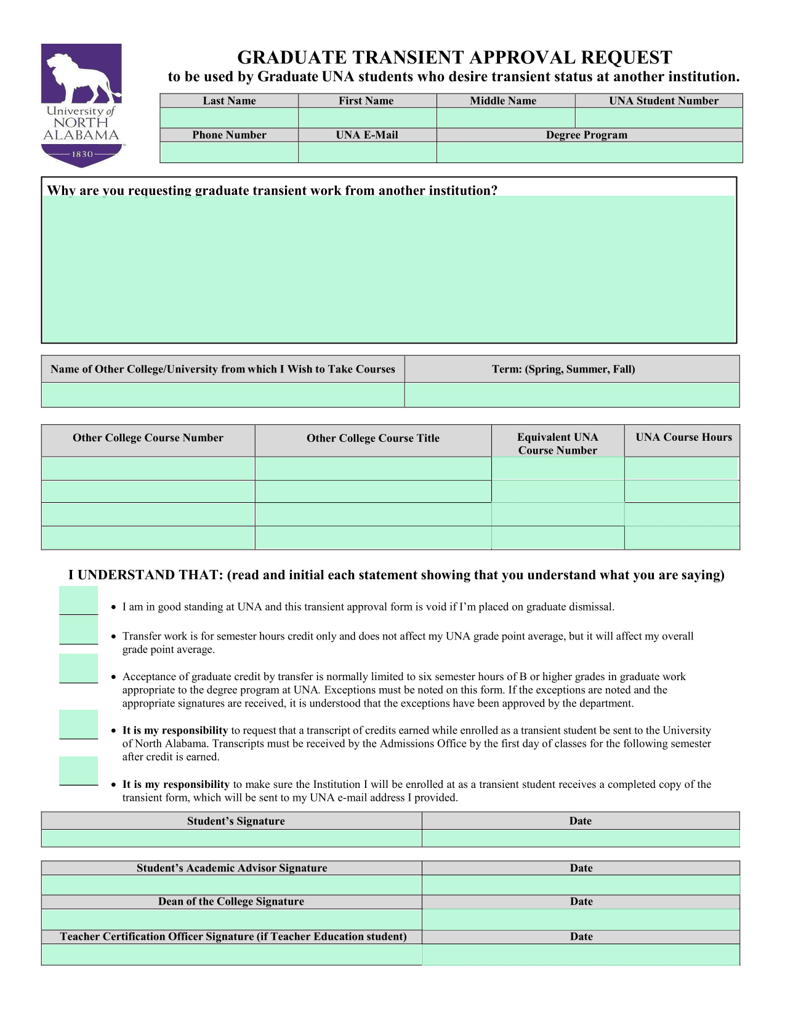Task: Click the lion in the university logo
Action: coord(80,77)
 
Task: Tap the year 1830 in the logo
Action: coord(82,154)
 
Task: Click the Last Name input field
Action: coord(229,118)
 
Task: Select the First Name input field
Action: coord(367,118)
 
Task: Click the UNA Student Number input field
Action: coord(659,118)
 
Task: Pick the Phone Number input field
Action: coord(229,153)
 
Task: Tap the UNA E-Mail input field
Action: coord(367,153)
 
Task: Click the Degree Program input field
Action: coord(589,153)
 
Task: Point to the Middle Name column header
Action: coord(503,101)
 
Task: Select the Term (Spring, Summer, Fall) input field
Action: coord(572,395)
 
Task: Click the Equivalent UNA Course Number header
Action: coord(557,443)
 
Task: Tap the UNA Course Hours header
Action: coord(683,438)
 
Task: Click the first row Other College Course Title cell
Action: coord(373,468)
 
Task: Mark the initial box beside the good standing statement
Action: coord(78,600)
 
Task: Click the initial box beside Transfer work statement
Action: coord(78,630)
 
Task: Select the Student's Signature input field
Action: coord(231,838)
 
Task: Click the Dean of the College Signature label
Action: coord(231,902)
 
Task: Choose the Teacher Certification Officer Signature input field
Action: coord(231,955)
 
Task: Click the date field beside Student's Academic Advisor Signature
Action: coord(581,885)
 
